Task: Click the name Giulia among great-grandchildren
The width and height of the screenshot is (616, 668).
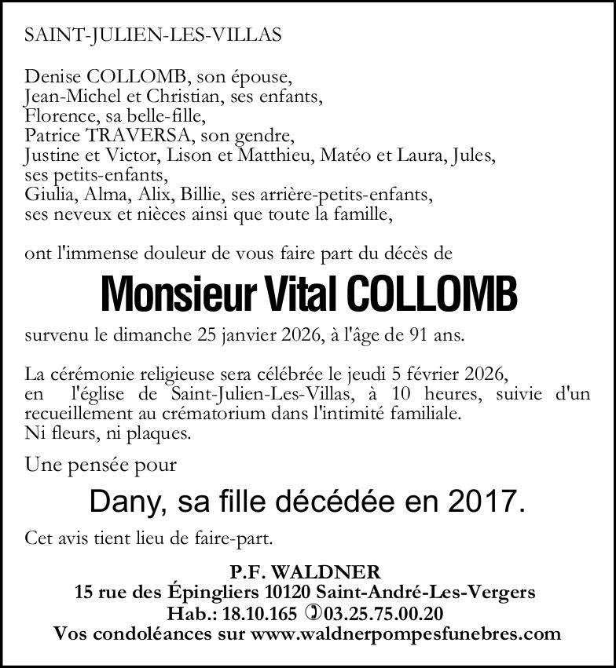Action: tap(46, 194)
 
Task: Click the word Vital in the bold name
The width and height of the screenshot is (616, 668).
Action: tap(301, 294)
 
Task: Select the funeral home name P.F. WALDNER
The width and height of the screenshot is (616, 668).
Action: tap(307, 571)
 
